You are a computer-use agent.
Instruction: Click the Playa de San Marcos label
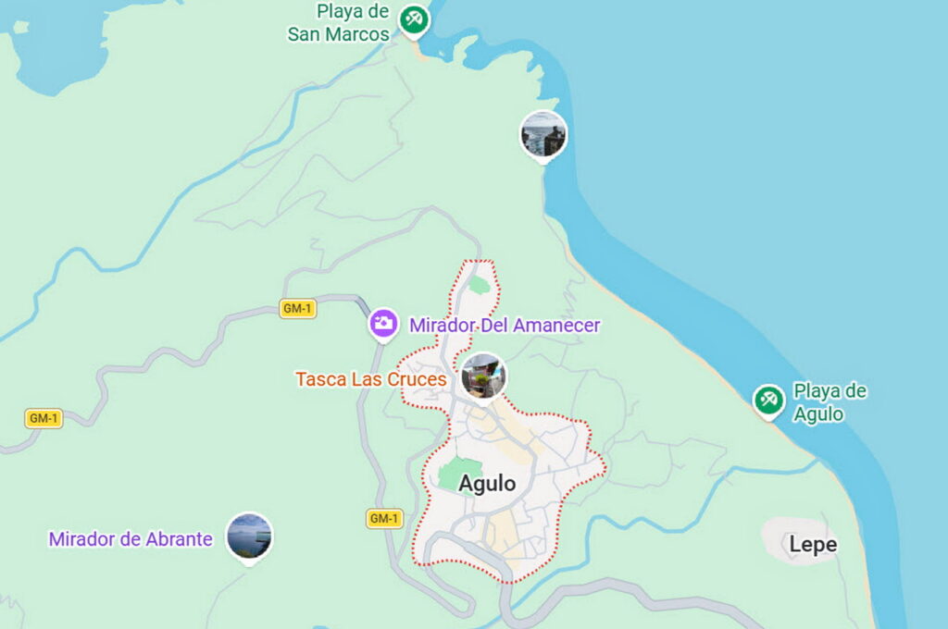click(x=339, y=23)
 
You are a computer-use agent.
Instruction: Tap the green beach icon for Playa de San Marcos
click(x=414, y=18)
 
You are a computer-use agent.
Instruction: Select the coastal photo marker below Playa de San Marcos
click(x=543, y=134)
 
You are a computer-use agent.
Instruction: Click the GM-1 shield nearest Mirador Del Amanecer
click(x=297, y=309)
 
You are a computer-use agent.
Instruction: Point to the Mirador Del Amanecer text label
click(x=505, y=326)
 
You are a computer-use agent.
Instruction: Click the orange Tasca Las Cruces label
click(x=371, y=379)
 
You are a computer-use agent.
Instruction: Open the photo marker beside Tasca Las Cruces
click(x=483, y=376)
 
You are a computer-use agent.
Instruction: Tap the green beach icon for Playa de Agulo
click(x=767, y=400)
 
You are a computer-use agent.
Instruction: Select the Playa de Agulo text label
click(x=829, y=402)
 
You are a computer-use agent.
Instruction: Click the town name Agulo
click(x=487, y=484)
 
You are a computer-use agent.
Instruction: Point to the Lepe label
click(x=813, y=545)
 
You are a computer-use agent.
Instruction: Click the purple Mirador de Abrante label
click(x=131, y=539)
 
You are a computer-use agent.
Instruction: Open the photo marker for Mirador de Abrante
click(x=249, y=536)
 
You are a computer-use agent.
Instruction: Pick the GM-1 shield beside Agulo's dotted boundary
click(x=384, y=518)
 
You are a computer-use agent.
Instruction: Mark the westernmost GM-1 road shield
click(x=44, y=418)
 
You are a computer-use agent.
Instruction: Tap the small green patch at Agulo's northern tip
click(x=478, y=284)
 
